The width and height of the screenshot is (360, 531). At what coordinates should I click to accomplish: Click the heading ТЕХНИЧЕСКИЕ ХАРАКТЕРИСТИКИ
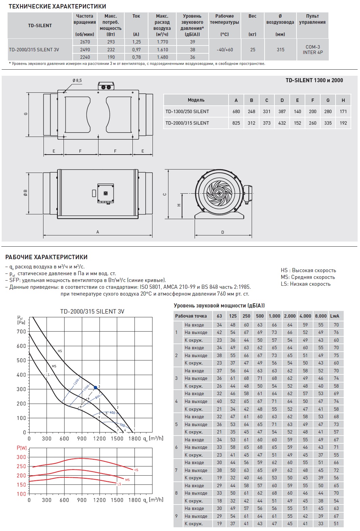(57, 6)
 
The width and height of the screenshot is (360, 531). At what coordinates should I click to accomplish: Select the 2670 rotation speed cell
(85, 42)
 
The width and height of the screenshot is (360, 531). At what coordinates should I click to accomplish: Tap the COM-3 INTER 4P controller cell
(312, 50)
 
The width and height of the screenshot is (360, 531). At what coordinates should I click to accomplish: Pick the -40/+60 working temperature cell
(224, 50)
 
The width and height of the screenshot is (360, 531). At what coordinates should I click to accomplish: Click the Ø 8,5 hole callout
(77, 81)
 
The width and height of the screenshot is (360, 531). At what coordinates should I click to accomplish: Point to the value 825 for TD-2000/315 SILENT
(236, 123)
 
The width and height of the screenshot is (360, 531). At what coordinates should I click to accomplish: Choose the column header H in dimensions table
(343, 100)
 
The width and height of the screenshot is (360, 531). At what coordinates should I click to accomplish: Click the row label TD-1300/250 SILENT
(187, 111)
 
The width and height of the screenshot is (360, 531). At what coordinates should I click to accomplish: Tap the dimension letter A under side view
(97, 232)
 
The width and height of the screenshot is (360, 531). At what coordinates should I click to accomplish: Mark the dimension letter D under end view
(223, 232)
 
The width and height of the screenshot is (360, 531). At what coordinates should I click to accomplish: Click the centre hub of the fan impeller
(219, 193)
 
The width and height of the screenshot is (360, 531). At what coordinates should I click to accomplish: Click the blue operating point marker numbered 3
(95, 388)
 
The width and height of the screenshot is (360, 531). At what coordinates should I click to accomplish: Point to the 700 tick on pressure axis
(21, 332)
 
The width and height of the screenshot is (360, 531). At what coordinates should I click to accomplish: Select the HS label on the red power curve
(136, 470)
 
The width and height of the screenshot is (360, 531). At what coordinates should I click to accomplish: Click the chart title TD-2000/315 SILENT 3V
(92, 312)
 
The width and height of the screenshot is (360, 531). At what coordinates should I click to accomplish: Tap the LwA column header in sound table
(335, 316)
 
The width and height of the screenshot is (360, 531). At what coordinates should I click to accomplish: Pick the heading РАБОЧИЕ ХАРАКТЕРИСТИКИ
(46, 257)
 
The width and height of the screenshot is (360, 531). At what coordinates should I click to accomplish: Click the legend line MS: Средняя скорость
(308, 277)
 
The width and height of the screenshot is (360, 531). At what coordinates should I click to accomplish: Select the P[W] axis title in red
(21, 448)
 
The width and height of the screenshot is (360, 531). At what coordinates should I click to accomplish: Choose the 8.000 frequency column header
(321, 316)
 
